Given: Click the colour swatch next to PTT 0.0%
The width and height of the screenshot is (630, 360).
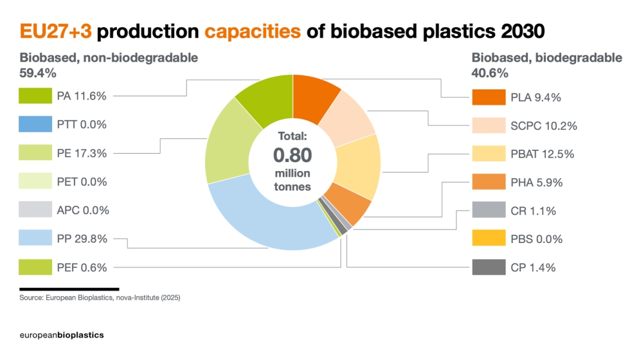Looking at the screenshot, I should coord(35,124).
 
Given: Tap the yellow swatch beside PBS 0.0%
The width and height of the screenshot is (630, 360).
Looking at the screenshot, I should coord(488,239).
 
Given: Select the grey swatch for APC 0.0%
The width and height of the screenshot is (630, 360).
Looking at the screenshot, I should coord(35,210).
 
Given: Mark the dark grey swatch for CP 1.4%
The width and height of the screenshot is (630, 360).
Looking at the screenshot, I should coord(488,267).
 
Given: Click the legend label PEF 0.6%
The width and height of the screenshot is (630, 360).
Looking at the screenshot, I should coord(82,267).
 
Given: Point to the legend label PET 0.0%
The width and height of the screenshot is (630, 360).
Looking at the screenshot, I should coord(82,181).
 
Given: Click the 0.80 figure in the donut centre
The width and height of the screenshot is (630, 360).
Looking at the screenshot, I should coord(292,156).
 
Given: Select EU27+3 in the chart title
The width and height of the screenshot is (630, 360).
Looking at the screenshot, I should coord(57,31).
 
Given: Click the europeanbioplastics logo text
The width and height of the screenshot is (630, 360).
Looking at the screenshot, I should coord(62,335).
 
